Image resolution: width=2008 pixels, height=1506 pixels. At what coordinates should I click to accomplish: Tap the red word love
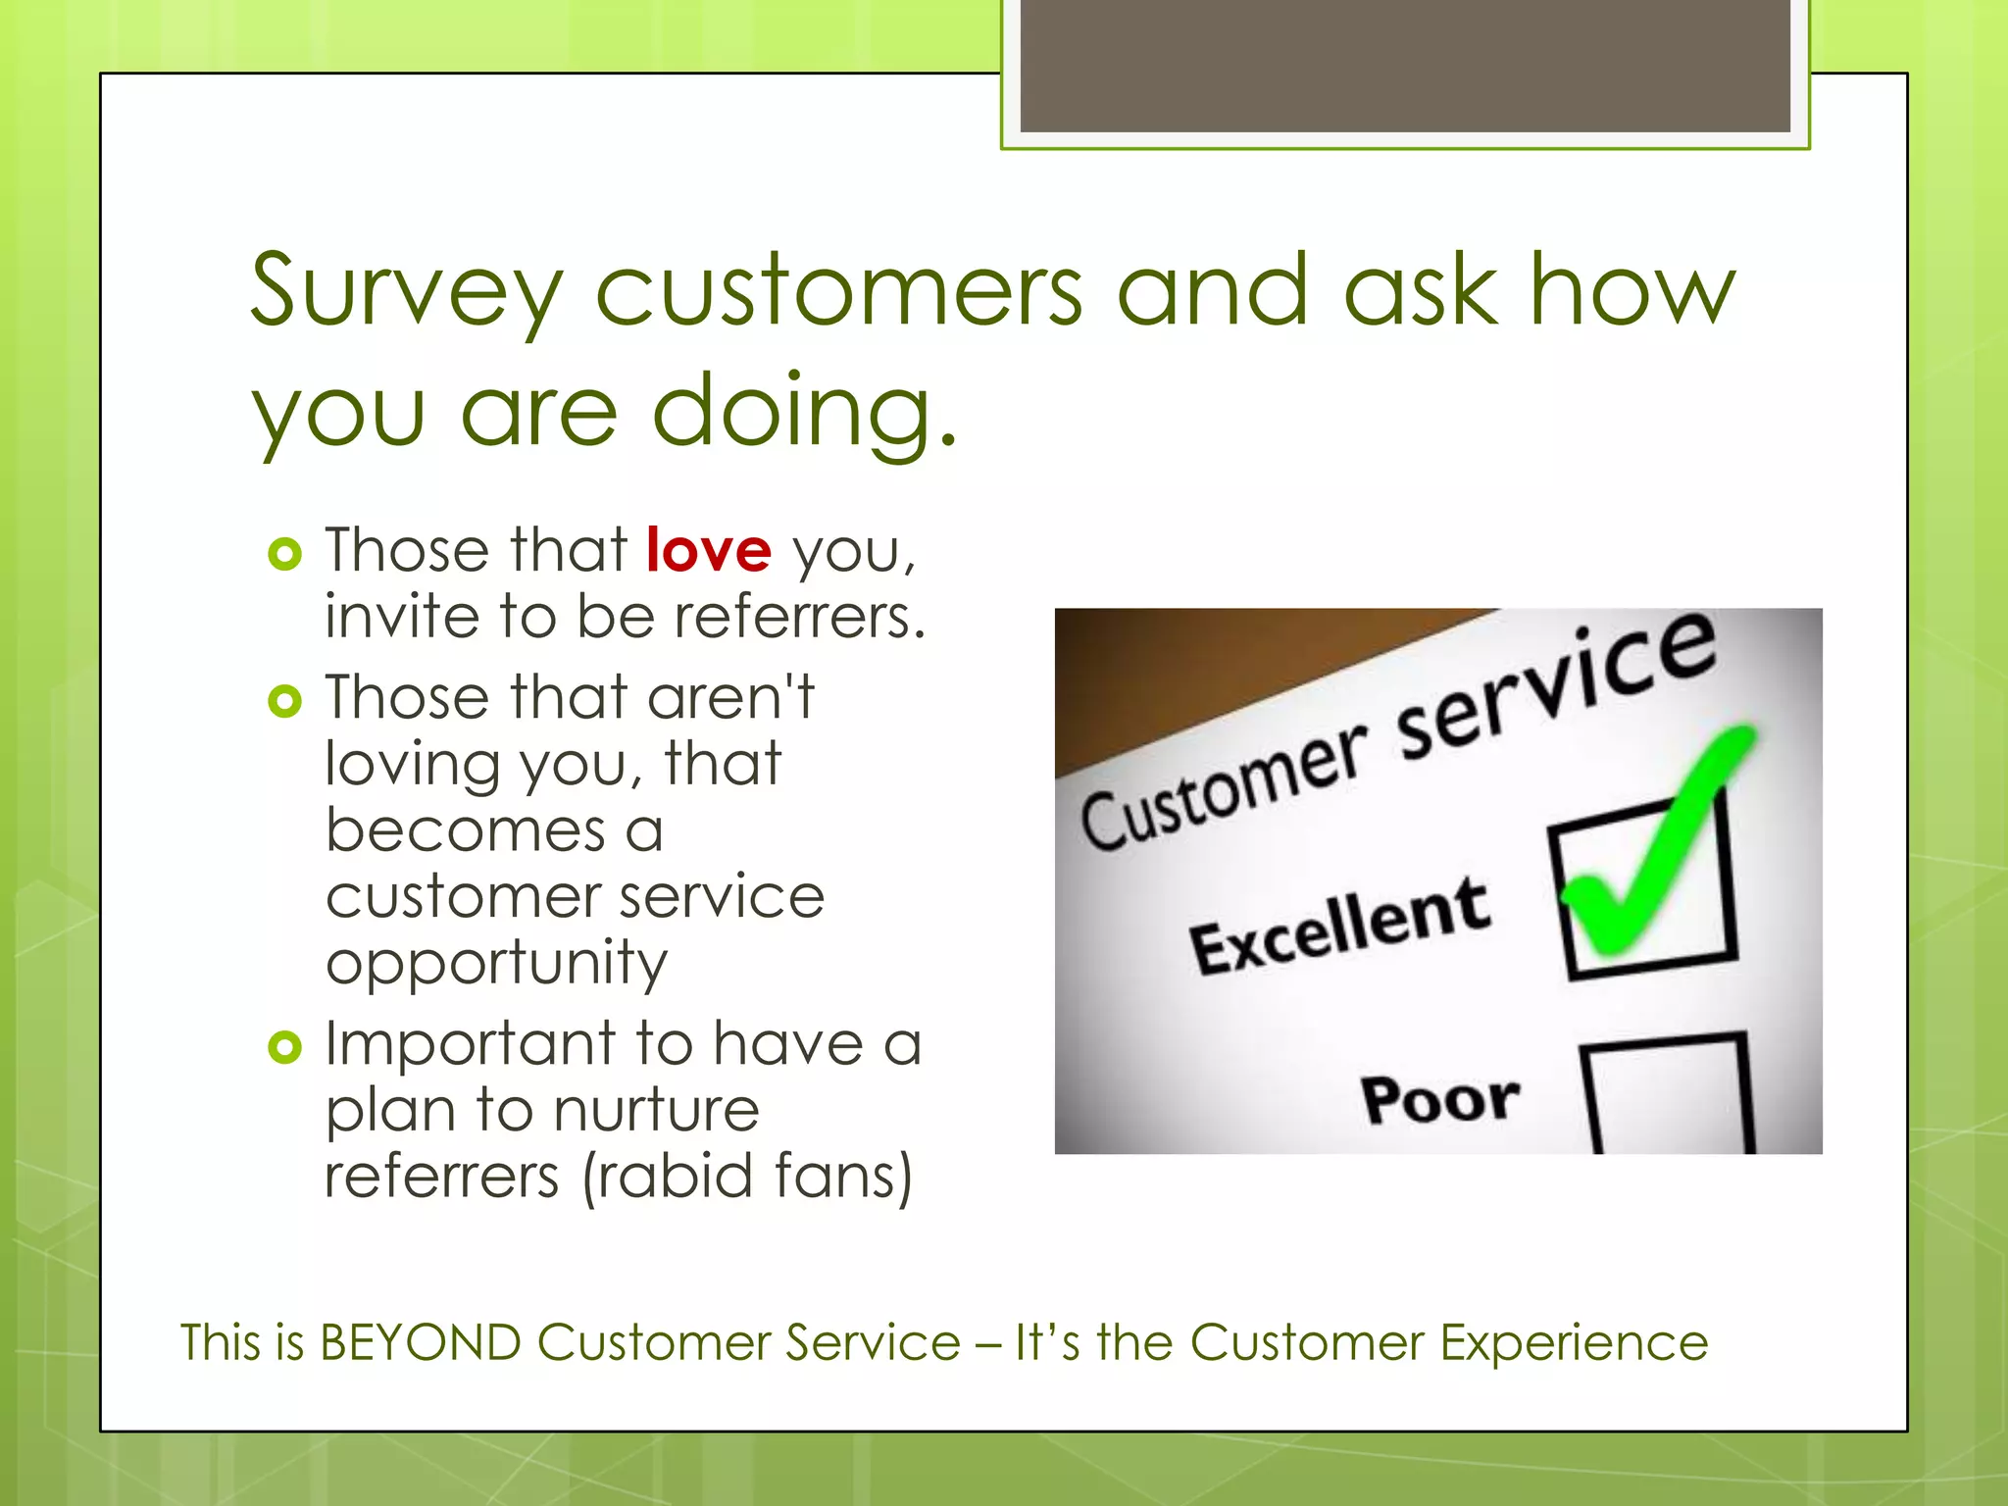click(x=709, y=550)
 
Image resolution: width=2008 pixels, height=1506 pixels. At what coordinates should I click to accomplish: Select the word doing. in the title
click(x=804, y=412)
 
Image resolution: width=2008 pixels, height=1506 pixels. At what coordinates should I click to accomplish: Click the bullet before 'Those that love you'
click(x=284, y=555)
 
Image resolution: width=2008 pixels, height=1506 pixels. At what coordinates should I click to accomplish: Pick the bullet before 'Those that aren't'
click(x=284, y=701)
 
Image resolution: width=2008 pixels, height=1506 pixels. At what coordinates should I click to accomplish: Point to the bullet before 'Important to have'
click(x=284, y=1047)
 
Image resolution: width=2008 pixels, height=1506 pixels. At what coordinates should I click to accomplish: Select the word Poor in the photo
click(x=1440, y=1098)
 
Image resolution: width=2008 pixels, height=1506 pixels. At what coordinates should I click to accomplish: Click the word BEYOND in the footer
click(x=420, y=1342)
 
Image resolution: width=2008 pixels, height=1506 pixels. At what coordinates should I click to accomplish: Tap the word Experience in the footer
click(x=1574, y=1342)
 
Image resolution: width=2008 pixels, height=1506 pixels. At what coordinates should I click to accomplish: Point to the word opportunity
click(x=496, y=964)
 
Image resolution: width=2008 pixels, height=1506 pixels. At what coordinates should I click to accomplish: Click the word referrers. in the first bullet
click(x=799, y=617)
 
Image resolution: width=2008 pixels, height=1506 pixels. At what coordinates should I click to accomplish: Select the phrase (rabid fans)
click(x=747, y=1176)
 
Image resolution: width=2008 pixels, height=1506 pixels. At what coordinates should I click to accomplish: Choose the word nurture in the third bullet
click(x=656, y=1110)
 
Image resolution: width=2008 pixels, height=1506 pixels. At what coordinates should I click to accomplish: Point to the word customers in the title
click(x=839, y=291)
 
